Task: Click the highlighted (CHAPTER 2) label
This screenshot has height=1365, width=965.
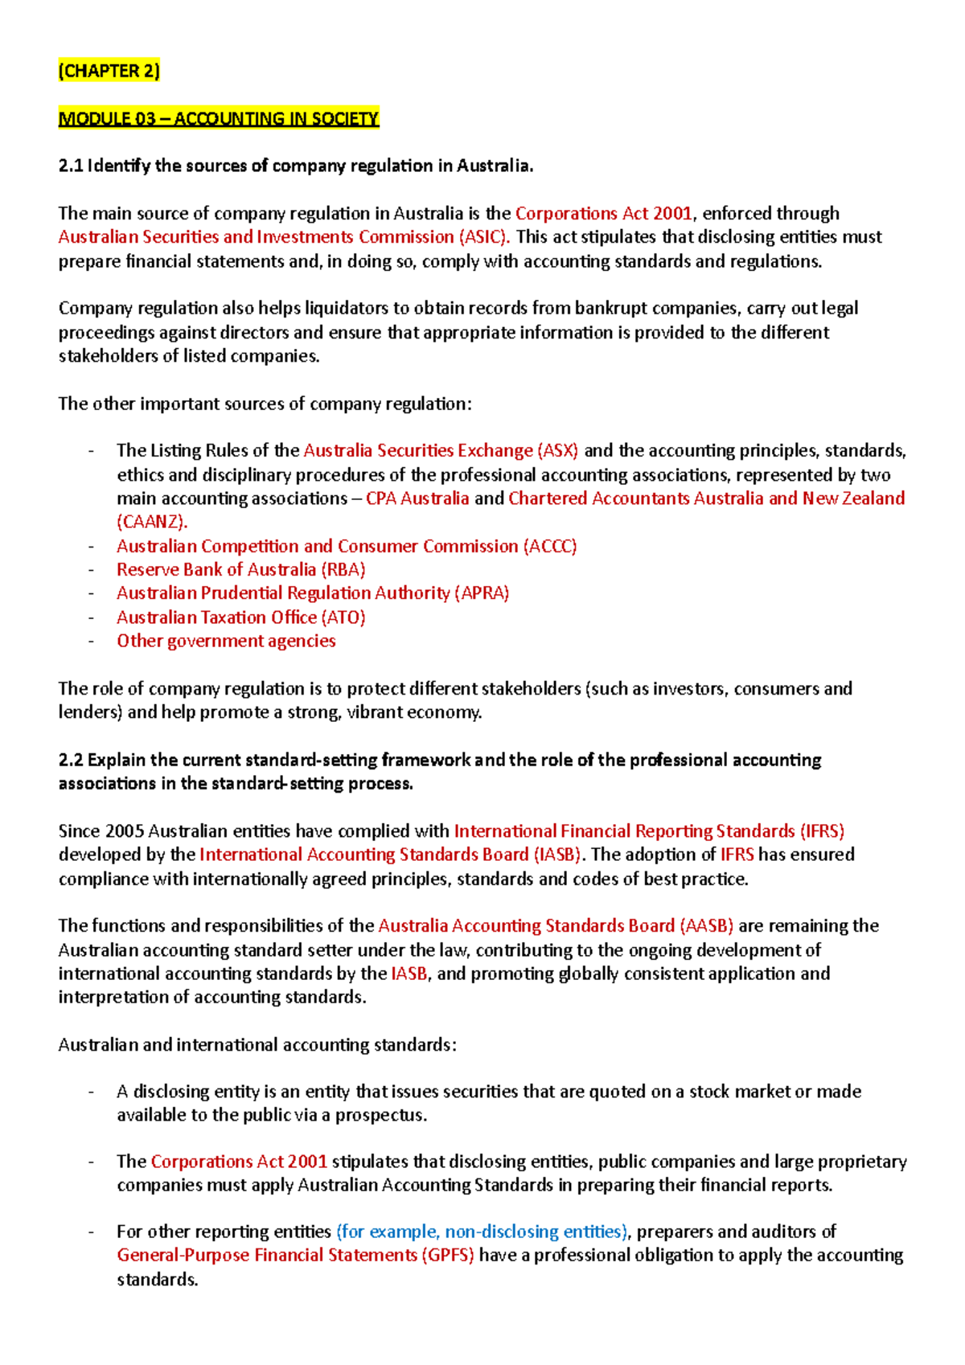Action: (109, 71)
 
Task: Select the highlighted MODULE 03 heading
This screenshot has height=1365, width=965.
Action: (218, 119)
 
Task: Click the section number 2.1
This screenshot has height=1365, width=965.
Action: (70, 166)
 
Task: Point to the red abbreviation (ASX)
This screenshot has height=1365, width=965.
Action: (557, 450)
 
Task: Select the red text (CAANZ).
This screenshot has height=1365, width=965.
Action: (152, 522)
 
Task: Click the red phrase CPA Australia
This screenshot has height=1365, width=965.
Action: (417, 498)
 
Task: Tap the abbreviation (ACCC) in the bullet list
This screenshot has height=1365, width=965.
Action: (550, 546)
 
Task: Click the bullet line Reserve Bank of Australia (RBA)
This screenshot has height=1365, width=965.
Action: (240, 569)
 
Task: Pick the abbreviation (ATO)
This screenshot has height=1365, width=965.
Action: (343, 617)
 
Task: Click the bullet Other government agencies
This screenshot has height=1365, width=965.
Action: (226, 641)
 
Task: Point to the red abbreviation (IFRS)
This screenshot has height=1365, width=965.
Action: (822, 830)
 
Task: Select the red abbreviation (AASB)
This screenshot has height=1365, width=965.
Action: (706, 925)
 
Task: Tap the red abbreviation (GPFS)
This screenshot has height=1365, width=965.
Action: (448, 1255)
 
